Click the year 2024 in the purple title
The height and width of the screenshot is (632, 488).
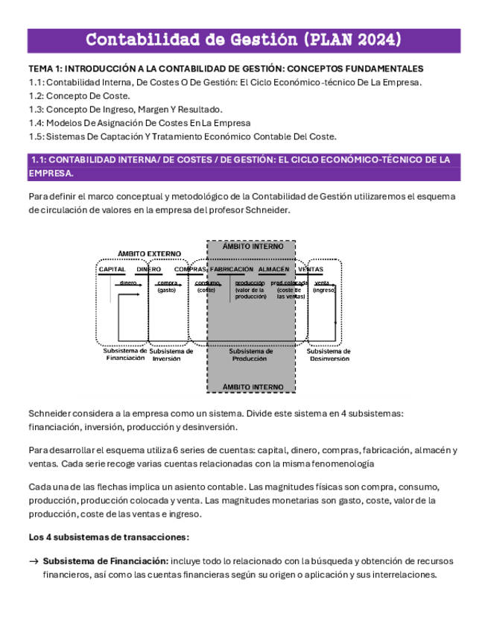(x=372, y=39)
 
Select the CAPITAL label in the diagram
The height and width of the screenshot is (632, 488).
(x=113, y=269)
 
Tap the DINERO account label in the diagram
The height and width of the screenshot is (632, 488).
(x=148, y=269)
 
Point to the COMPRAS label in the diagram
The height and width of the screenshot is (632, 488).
(x=190, y=269)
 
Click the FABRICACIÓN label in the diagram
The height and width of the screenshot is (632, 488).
(x=232, y=269)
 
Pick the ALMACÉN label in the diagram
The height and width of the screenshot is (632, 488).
(x=273, y=269)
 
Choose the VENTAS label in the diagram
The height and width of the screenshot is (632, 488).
(x=311, y=269)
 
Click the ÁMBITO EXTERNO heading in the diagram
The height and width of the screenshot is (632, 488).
(x=149, y=254)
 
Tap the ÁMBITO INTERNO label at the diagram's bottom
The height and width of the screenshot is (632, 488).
(x=253, y=387)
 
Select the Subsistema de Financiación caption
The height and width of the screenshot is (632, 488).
(x=125, y=354)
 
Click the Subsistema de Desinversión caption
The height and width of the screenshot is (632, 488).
(x=329, y=354)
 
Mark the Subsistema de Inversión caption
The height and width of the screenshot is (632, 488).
(x=171, y=354)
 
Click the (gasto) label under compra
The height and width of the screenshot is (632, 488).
(x=166, y=290)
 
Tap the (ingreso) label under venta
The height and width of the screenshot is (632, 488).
(x=323, y=290)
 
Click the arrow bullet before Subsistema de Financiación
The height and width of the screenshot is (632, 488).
(x=33, y=560)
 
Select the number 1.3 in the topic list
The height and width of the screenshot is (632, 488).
(x=36, y=110)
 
